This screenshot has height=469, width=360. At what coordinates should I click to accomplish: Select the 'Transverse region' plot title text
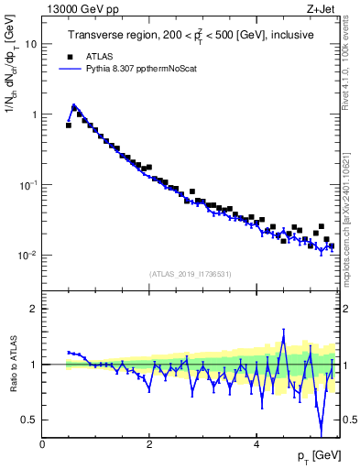(190, 36)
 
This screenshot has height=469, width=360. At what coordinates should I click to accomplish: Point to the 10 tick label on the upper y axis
(30, 44)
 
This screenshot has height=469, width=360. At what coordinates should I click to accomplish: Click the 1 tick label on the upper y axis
(33, 115)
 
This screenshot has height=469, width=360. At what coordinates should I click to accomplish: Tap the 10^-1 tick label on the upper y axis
(28, 184)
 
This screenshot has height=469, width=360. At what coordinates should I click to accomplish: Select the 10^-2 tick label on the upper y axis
(28, 255)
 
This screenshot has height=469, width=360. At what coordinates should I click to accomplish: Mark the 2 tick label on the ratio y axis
(33, 309)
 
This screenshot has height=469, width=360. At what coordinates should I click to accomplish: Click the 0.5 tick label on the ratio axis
(28, 420)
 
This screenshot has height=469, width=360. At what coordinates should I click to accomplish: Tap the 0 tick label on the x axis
(42, 445)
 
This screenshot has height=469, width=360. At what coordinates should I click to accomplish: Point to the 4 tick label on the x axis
(257, 445)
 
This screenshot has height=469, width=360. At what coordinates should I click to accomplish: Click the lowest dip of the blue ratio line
(321, 433)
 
